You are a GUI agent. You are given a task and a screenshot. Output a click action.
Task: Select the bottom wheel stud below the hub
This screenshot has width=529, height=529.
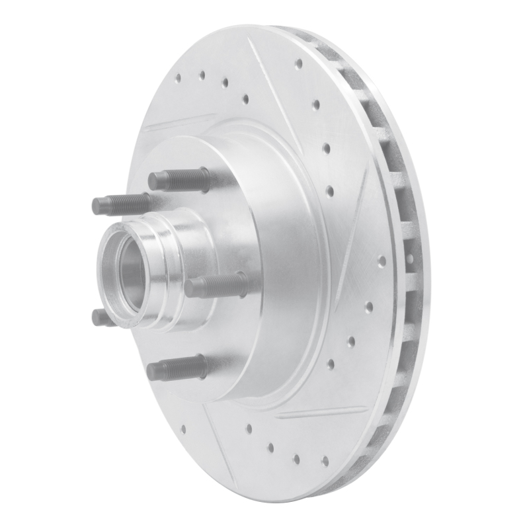click(x=177, y=368)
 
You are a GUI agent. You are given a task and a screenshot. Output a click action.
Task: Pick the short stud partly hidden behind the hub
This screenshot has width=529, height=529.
click(x=103, y=318)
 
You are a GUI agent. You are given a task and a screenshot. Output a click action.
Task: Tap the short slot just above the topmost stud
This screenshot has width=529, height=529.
click(x=179, y=122)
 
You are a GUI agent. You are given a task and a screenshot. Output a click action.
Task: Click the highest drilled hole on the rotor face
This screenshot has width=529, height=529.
click(x=298, y=64)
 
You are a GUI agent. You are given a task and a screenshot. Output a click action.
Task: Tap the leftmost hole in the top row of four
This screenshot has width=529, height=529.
click(x=178, y=78)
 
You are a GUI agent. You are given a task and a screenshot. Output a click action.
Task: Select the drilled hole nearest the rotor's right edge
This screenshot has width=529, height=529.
click(x=382, y=261)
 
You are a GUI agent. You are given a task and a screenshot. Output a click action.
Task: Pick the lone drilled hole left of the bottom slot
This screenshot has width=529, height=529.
click(x=183, y=428)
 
